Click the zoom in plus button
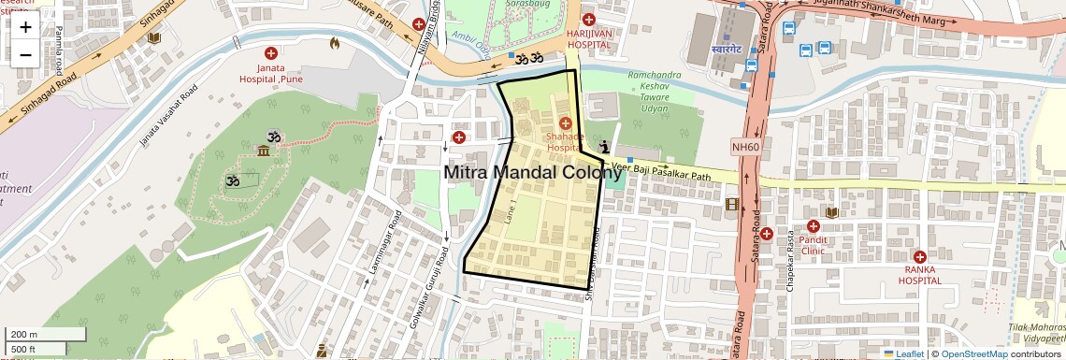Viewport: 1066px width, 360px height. coord(25,27)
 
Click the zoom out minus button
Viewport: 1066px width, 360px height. coord(25,54)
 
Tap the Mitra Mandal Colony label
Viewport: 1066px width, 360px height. coord(532,173)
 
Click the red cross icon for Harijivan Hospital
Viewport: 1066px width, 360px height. coord(588,20)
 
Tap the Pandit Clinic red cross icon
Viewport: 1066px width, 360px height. coord(813,226)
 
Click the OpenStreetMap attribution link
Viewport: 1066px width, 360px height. coord(973,353)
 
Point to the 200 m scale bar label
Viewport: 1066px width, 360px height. coord(24,335)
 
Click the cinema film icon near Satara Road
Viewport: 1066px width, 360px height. coord(732,204)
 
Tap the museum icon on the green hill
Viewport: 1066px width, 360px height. coord(265,151)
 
